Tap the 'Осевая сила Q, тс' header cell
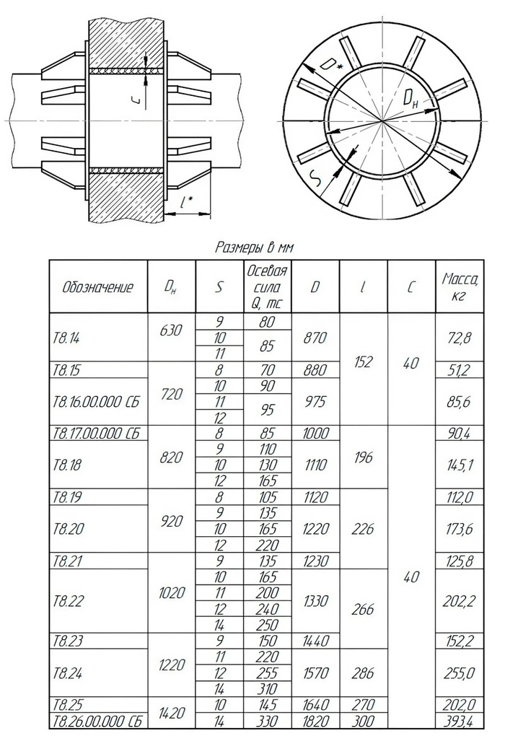pos(267,286)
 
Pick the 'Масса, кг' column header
pos(460,286)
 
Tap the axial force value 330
pos(267,720)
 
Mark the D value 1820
pos(315,720)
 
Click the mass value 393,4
pos(460,720)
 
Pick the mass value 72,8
pos(460,337)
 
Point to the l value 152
pos(363,362)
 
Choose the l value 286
pos(363,673)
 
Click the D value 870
pos(315,337)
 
